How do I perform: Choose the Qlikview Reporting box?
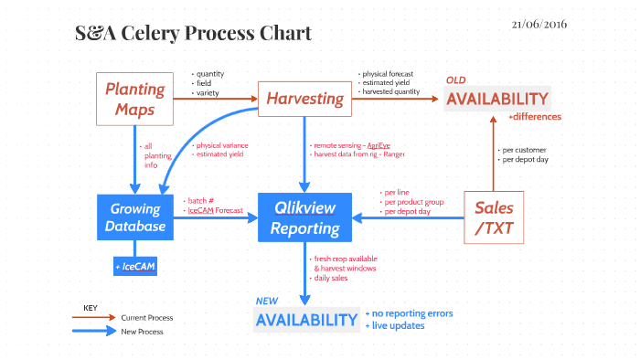[x=305, y=217]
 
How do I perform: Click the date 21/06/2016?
[x=539, y=24]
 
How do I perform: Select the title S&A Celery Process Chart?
[x=193, y=34]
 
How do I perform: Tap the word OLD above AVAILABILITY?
[x=455, y=80]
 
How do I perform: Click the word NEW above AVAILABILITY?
[x=266, y=301]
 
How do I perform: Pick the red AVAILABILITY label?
[x=496, y=99]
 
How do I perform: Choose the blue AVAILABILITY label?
[x=306, y=320]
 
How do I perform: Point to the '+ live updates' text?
[x=397, y=325]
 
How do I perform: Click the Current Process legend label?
[x=147, y=318]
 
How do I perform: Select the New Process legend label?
[x=143, y=332]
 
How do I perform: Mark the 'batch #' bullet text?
[x=201, y=200]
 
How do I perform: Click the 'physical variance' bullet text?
[x=222, y=145]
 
